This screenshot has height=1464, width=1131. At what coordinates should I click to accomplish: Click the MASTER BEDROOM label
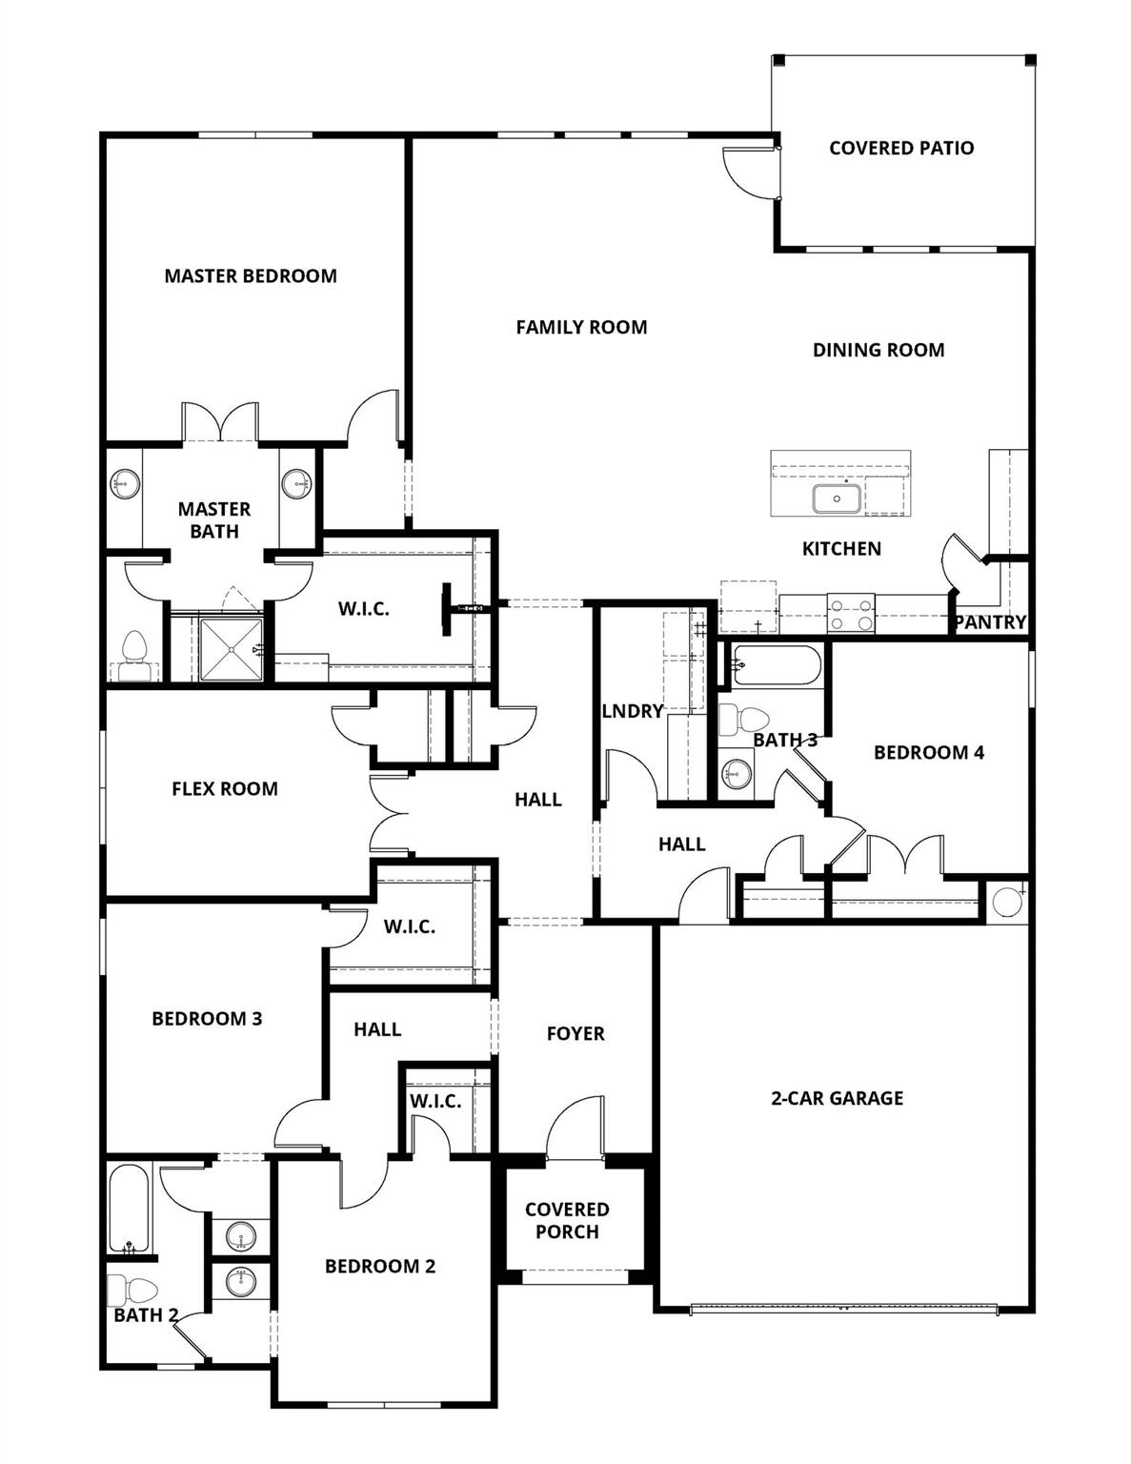click(x=251, y=276)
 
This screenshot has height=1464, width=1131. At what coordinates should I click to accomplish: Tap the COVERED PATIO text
click(x=901, y=148)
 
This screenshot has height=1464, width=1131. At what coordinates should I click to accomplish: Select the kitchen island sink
click(x=837, y=498)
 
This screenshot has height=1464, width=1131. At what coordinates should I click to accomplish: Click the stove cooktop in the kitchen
click(x=851, y=613)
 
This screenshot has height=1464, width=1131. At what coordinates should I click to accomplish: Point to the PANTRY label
click(x=991, y=623)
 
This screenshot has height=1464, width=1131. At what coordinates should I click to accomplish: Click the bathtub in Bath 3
click(x=775, y=666)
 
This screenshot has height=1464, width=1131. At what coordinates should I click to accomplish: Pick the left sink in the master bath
click(x=124, y=484)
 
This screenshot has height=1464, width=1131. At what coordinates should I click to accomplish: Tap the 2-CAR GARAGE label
click(x=837, y=1098)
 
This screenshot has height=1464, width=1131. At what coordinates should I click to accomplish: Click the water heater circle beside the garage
click(x=1006, y=902)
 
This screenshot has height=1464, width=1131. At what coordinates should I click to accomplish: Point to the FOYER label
click(x=576, y=1034)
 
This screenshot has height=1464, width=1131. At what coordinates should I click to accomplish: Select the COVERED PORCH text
click(x=567, y=1221)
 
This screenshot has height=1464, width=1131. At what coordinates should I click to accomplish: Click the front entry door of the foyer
click(x=576, y=1129)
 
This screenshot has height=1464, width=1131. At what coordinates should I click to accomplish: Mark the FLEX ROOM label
click(x=225, y=789)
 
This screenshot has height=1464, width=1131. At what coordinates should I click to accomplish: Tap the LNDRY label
click(x=632, y=711)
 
